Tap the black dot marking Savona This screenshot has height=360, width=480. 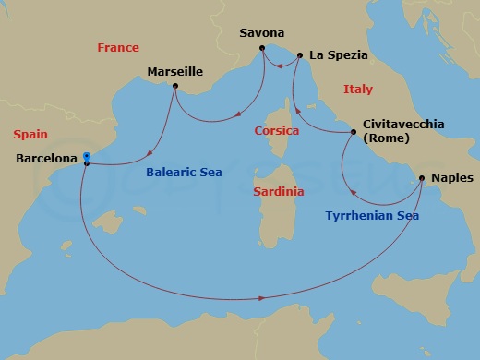pyautogui.click(x=263, y=47)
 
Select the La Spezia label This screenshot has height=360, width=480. pyautogui.click(x=339, y=55)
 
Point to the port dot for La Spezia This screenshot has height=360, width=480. pyautogui.click(x=301, y=55)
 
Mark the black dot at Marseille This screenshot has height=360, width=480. pyautogui.click(x=175, y=90)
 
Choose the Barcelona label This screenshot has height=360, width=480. pyautogui.click(x=47, y=159)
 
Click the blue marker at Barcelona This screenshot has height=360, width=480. pyautogui.click(x=85, y=156)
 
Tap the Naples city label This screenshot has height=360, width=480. pyautogui.click(x=451, y=177)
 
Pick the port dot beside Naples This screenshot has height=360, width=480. pyautogui.click(x=422, y=177)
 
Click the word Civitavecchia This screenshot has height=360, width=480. pyautogui.click(x=404, y=124)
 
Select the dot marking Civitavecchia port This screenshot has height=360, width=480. pyautogui.click(x=354, y=132)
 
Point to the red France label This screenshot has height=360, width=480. pyautogui.click(x=118, y=47)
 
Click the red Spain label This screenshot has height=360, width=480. pyautogui.click(x=30, y=135)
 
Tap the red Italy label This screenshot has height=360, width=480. pyautogui.click(x=357, y=90)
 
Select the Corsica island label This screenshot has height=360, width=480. pyautogui.click(x=277, y=131)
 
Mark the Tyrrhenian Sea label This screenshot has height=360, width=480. pyautogui.click(x=372, y=216)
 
